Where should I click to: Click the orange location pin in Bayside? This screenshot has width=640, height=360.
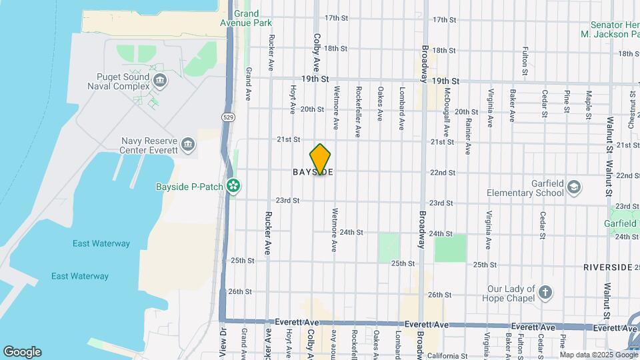click(321, 159)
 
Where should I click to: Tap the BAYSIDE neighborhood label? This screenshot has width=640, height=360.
click(313, 172)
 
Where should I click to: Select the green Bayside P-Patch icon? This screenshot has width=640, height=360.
click(233, 185)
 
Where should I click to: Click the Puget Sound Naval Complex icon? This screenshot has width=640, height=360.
click(160, 81)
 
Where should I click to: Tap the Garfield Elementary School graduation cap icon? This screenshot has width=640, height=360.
click(574, 189)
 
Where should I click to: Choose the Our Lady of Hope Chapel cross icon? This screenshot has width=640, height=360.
click(545, 293)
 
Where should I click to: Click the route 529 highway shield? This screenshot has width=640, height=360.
click(229, 117)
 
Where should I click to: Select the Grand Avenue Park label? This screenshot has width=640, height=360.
click(246, 18)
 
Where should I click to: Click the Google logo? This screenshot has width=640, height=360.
click(22, 352)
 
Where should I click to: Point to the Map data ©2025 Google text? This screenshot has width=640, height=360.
click(597, 355)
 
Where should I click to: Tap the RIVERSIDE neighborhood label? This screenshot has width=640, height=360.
click(607, 267)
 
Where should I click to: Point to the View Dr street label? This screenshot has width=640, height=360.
click(224, 341)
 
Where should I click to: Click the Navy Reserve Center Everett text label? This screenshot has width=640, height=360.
click(149, 145)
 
